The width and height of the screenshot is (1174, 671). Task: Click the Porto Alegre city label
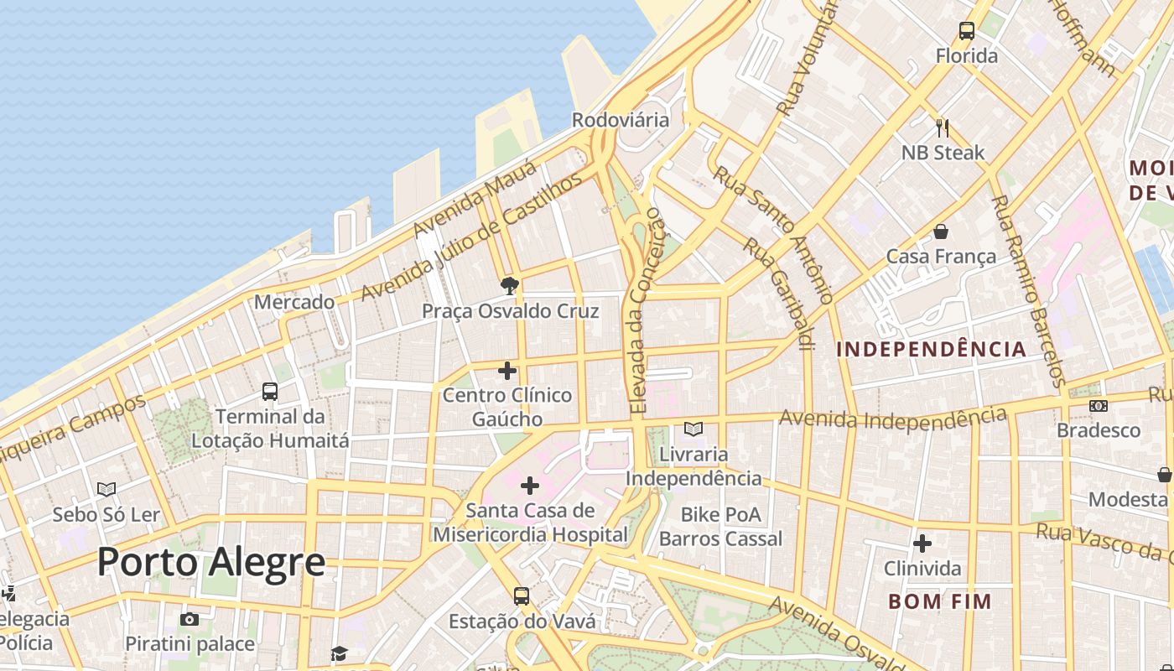211,561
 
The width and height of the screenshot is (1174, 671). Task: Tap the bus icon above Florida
967,32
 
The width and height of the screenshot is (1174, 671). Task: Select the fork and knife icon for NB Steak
943,128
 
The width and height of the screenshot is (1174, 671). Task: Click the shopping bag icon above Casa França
941,231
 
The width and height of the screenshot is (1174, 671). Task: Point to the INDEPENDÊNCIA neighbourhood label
931,349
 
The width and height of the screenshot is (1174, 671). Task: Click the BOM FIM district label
939,601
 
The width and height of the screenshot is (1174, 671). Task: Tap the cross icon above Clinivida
922,544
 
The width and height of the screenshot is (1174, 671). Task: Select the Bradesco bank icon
1098,406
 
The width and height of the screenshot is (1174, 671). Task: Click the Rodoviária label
621,120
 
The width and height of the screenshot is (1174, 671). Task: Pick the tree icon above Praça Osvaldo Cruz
509,286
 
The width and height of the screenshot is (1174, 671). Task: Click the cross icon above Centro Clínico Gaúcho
507,370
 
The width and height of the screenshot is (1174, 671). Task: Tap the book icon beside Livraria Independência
693,429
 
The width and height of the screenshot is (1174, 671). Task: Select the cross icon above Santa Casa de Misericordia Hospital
530,485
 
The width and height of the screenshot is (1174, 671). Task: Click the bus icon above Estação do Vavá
522,596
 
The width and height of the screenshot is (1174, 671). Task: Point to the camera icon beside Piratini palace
190,619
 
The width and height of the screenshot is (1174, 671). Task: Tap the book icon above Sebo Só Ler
106,489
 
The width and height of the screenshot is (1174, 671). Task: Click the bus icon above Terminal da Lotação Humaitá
269,391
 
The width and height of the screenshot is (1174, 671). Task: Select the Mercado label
294,302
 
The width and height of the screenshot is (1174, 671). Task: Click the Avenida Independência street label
892,417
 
